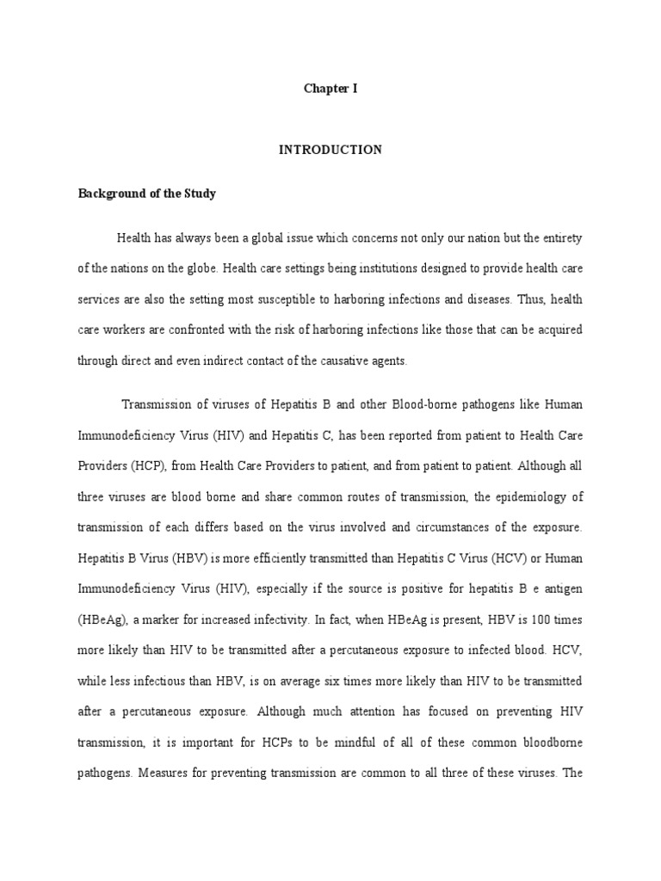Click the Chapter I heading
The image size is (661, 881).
(x=330, y=88)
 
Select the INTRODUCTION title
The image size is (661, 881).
(x=330, y=150)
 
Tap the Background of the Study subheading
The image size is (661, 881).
(x=146, y=194)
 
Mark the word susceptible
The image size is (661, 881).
(x=337, y=299)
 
